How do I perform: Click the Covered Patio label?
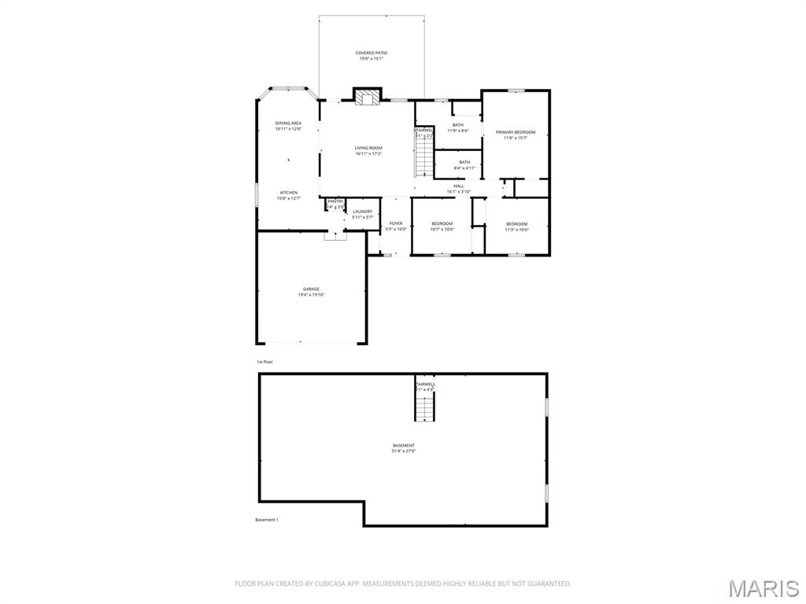[x=371, y=56]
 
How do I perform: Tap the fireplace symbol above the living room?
[x=367, y=97]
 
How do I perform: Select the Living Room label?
[x=368, y=151]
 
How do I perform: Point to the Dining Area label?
[x=288, y=126]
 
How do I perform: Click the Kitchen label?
[x=289, y=196]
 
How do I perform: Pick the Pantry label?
[x=335, y=204]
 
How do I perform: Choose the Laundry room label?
[x=363, y=214]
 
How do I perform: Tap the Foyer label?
[x=396, y=226]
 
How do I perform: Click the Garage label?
[x=311, y=292]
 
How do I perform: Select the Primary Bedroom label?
[x=515, y=134]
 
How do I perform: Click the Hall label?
[x=458, y=189]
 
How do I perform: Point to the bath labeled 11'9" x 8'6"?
[x=457, y=127]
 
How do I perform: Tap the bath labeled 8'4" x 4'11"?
[x=464, y=164]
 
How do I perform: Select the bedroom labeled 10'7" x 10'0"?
[x=442, y=226]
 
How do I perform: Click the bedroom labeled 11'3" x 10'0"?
[x=516, y=226]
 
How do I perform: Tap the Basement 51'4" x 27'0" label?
[x=403, y=448]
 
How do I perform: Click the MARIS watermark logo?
[x=763, y=587]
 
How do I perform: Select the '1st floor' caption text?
[x=264, y=362]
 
